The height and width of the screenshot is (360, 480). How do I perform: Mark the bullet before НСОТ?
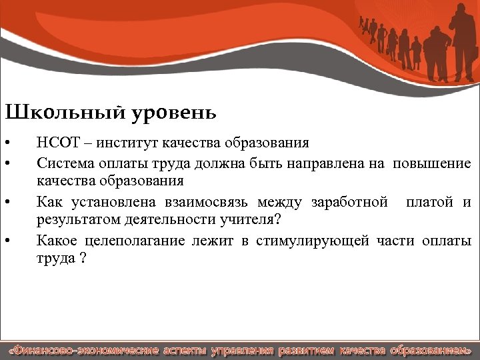[6, 143]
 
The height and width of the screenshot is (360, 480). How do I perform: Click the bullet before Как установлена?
[6, 202]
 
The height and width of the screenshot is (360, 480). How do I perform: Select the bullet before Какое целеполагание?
[6, 241]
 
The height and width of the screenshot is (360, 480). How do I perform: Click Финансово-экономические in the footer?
[83, 350]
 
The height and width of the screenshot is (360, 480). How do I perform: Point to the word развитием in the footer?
[306, 350]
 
